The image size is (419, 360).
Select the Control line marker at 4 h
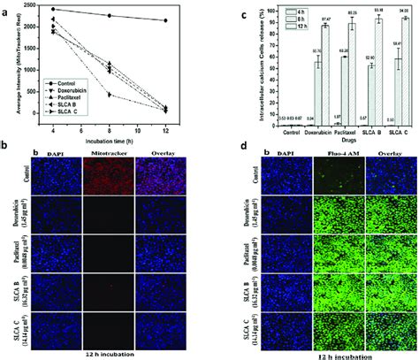tap(55, 10)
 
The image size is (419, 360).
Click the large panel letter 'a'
tap(6, 7)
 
